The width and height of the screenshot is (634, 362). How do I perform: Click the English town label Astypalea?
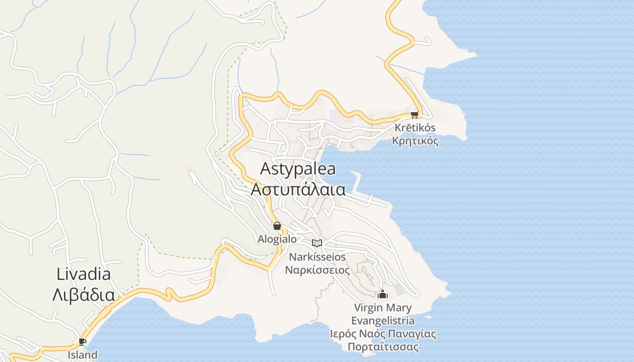pos(298,169)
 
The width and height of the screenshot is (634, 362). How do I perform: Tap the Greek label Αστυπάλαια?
pos(298,189)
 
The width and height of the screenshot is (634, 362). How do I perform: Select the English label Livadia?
pos(84,274)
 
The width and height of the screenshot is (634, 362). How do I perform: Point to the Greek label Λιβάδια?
pos(84,295)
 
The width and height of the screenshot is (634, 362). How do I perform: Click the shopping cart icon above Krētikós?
pos(414,114)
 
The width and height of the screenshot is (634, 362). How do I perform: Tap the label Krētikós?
pos(415,128)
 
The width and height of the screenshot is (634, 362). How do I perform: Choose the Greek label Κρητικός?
pos(415,141)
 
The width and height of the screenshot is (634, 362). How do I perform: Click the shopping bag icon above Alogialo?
pos(277,226)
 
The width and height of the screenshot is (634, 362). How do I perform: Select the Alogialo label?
pos(277,239)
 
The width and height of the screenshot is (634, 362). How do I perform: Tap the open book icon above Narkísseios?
pos(317,243)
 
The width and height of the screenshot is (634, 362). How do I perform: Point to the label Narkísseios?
pos(317,257)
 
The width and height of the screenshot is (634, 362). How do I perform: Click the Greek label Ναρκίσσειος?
pos(317,270)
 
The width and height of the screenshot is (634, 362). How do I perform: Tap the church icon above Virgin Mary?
pos(383,295)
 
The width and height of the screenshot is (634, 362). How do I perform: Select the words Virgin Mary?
pos(383,308)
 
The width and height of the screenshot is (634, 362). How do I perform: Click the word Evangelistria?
pos(383,321)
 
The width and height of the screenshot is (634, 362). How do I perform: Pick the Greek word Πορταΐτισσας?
pos(383,347)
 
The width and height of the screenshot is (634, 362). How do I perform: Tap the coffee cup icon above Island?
pos(82,342)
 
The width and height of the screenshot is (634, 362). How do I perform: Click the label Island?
pos(82,354)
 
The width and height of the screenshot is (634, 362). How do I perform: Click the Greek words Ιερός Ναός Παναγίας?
pos(383,334)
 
